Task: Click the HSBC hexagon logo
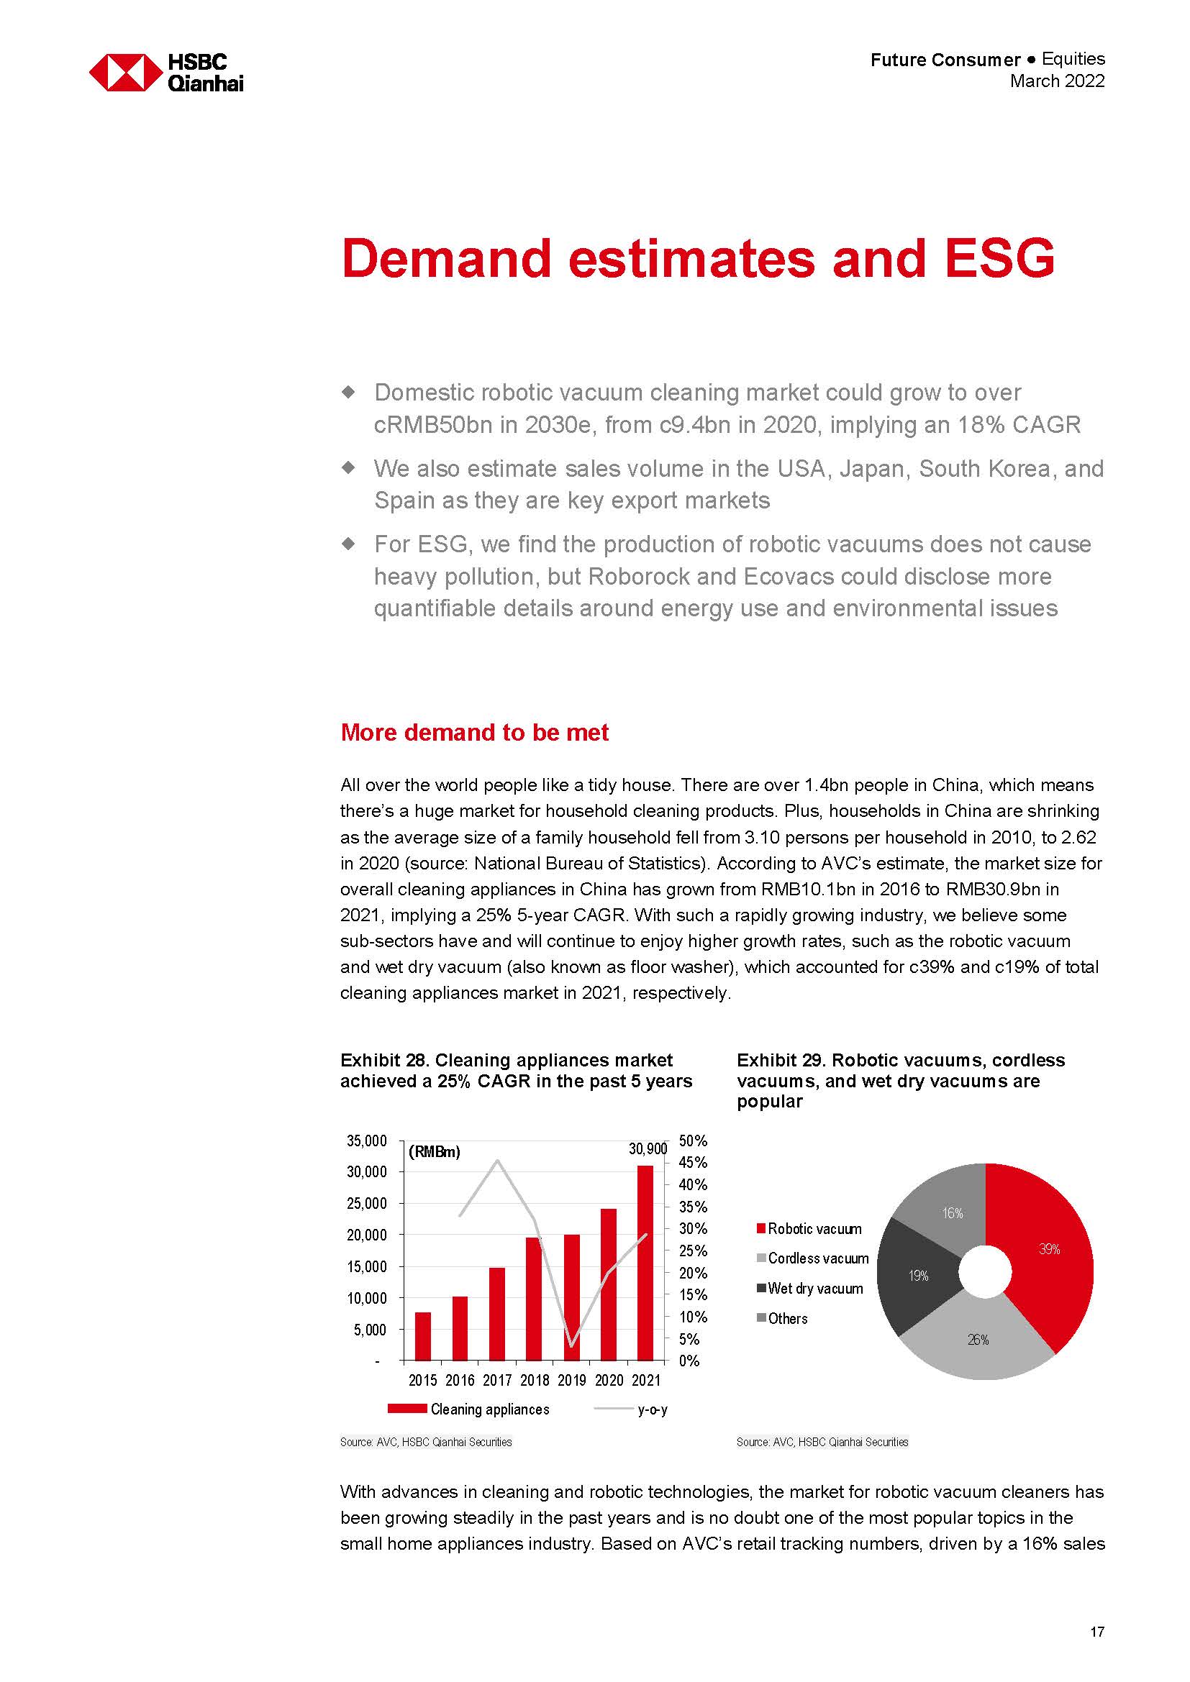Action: (x=125, y=72)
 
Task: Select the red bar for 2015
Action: (x=423, y=1336)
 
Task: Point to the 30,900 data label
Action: (x=648, y=1148)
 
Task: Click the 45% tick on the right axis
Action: (x=693, y=1163)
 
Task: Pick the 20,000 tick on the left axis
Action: (x=366, y=1235)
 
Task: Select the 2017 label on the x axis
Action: (x=497, y=1381)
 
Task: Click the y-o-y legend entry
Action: (x=651, y=1409)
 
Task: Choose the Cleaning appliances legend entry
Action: (x=489, y=1409)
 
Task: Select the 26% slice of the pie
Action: (x=978, y=1340)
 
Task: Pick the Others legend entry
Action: (x=787, y=1319)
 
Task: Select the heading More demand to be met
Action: (x=475, y=733)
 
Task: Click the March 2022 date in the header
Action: (x=1057, y=81)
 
